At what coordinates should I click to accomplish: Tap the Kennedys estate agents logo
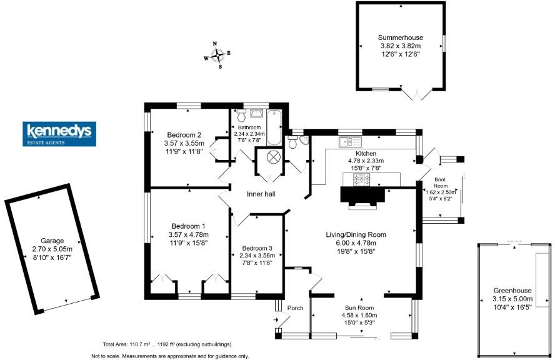59,134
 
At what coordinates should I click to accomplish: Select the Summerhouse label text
400,37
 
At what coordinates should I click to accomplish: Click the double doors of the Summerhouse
416,94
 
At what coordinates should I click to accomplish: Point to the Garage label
52,239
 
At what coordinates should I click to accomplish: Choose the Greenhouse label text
512,290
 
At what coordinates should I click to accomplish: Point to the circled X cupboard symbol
274,157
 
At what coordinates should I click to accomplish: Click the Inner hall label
261,194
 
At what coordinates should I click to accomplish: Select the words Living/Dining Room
356,234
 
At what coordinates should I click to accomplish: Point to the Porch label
295,308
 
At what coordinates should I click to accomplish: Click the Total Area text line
167,344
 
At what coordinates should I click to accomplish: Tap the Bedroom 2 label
184,134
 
